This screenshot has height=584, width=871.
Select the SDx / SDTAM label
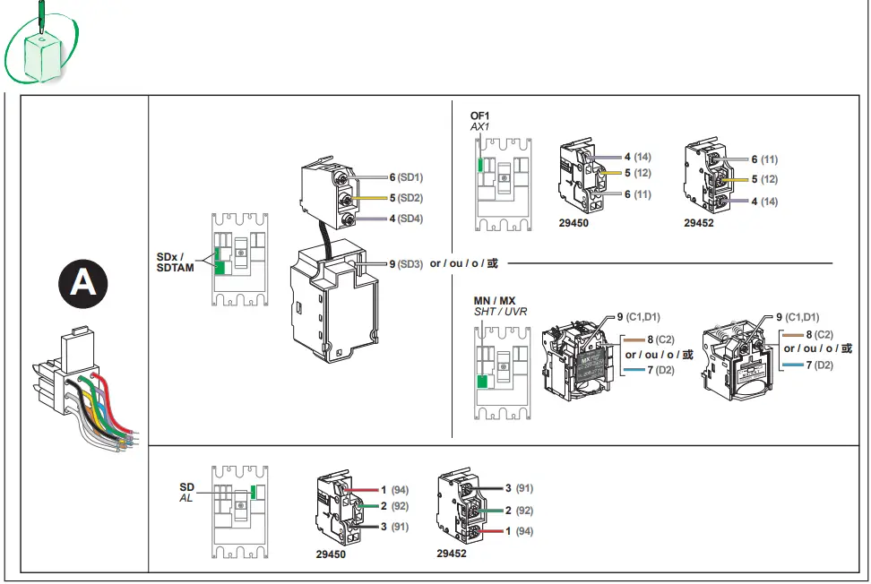176,262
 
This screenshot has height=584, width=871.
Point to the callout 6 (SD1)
405,177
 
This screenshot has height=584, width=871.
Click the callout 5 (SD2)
405,198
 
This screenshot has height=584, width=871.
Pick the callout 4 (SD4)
405,219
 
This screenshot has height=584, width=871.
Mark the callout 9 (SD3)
405,263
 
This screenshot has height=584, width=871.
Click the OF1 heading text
480,116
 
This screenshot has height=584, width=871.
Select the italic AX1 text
480,128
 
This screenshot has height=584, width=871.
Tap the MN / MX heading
495,300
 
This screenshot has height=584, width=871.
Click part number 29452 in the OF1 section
699,223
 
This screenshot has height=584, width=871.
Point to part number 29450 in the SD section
331,554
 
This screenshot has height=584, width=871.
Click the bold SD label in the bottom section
186,487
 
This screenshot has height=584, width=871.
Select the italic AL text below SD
186,498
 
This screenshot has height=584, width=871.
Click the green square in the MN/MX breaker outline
483,382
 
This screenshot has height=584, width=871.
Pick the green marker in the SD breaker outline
254,491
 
